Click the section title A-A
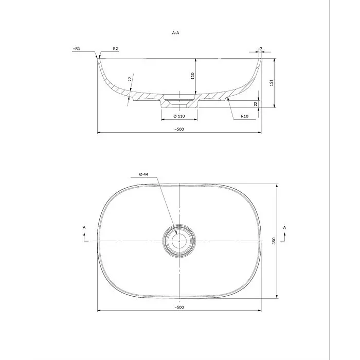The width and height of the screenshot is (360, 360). tap(176, 33)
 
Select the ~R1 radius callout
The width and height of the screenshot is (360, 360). tap(77, 49)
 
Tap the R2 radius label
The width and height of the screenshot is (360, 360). tap(115, 49)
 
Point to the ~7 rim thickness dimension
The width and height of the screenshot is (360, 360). tap(260, 49)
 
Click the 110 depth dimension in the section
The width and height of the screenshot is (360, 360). tap(193, 76)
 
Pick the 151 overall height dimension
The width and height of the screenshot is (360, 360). tap(272, 83)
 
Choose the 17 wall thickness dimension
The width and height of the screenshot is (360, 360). tap(130, 79)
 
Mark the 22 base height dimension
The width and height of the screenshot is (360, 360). tap(256, 104)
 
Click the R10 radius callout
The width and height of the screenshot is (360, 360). tap(244, 116)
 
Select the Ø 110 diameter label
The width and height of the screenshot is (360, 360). tap(179, 116)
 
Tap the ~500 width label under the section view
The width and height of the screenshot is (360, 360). tap(179, 129)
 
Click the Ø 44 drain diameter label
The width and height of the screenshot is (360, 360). tap(143, 174)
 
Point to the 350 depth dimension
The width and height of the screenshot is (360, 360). tap(274, 241)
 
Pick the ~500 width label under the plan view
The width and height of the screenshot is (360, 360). tap(179, 308)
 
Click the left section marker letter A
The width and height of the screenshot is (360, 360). tap(84, 227)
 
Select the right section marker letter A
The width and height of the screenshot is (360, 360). tap(285, 227)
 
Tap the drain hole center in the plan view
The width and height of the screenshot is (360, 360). tap(179, 241)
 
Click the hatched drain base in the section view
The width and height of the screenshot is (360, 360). tap(179, 104)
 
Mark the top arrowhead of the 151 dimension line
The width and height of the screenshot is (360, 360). tap(274, 60)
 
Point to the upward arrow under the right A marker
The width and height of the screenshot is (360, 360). tap(285, 237)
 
